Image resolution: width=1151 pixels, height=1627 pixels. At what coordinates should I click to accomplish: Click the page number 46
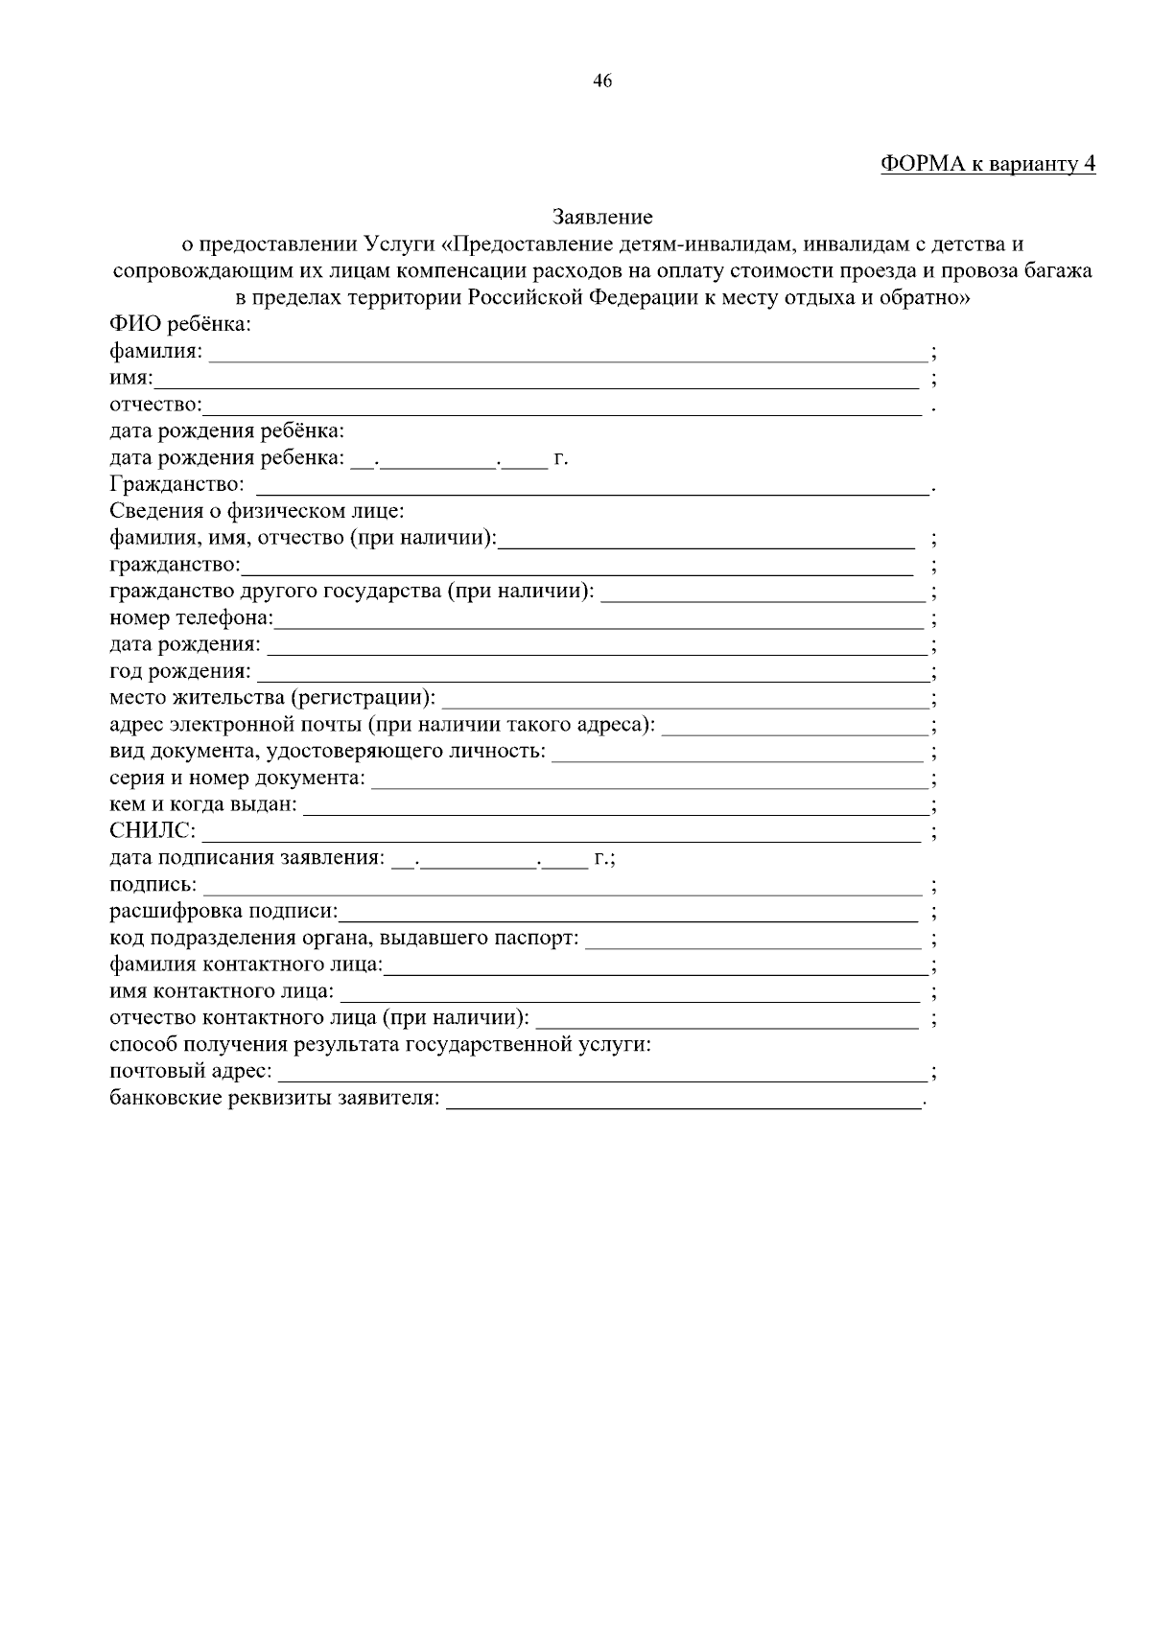602,81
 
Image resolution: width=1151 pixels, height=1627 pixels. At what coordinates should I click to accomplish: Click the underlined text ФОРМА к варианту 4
987,164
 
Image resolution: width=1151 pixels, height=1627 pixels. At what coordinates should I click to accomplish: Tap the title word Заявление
602,218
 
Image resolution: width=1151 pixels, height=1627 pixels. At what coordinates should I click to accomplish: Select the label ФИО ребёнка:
180,325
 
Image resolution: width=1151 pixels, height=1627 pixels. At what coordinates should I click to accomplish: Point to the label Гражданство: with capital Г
176,485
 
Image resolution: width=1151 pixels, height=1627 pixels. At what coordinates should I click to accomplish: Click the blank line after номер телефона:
599,620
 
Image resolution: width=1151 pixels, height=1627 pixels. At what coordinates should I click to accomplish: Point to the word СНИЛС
153,830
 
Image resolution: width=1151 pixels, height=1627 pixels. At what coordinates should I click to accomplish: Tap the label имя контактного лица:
223,990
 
